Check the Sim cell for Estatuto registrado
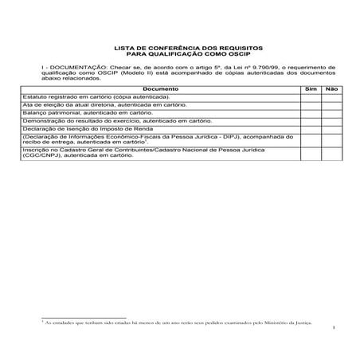[311, 96]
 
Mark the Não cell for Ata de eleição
[331, 104]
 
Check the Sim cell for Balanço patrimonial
[311, 113]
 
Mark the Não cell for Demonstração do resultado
[331, 121]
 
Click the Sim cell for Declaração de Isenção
[311, 129]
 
